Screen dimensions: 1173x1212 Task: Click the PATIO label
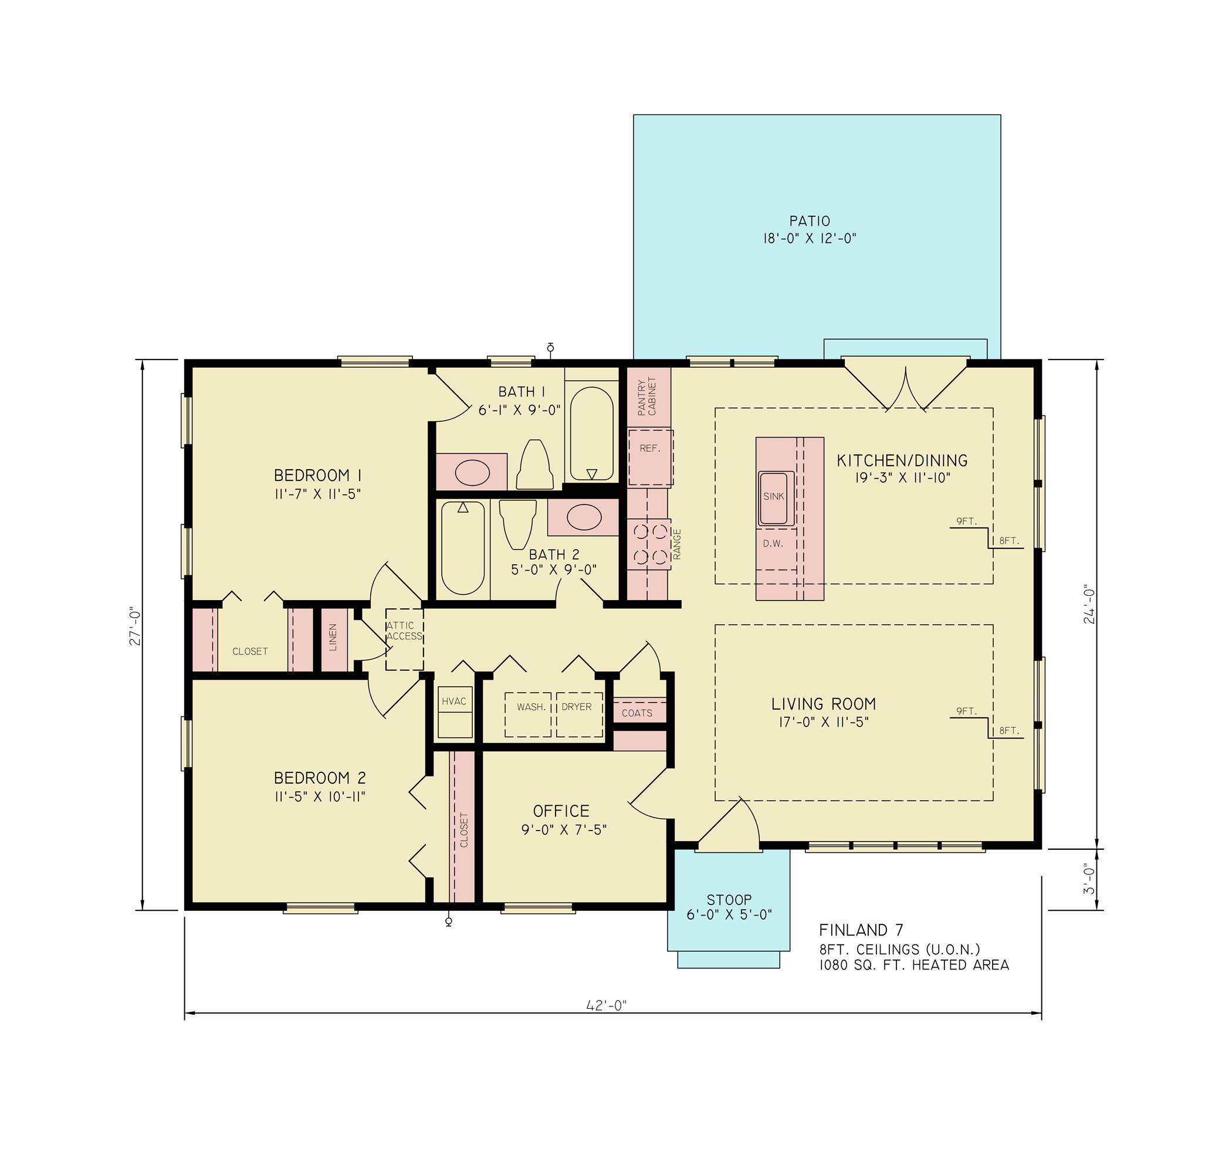(809, 221)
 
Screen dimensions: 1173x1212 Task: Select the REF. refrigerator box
(651, 457)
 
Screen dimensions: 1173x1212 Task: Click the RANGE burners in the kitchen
(651, 544)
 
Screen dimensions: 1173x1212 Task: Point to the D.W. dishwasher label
(773, 544)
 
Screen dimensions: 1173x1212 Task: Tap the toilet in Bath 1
(534, 465)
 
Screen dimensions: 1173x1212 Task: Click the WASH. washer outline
(529, 714)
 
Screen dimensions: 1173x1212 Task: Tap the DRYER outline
(579, 714)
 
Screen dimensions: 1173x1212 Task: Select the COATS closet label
(637, 713)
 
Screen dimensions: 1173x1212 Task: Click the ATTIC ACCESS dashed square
(404, 639)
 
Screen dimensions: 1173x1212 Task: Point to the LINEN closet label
(333, 639)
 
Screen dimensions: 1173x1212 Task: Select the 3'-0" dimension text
(1089, 879)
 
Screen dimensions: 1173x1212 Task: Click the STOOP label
(729, 900)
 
